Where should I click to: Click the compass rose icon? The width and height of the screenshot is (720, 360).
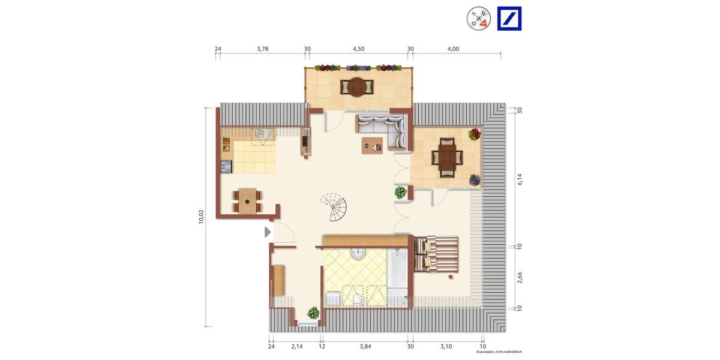point(479,19)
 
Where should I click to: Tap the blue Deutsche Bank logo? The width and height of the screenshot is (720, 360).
point(509,19)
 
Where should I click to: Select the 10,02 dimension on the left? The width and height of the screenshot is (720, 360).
point(201,217)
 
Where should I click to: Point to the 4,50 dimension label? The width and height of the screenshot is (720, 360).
point(358,49)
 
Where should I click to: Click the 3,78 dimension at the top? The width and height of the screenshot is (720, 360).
point(262,49)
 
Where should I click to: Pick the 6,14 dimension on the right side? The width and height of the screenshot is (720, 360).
point(520,178)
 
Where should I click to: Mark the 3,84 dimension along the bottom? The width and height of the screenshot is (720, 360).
point(365,347)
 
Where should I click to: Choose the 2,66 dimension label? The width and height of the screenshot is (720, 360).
point(520,277)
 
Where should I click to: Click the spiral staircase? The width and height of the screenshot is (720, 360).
point(333,207)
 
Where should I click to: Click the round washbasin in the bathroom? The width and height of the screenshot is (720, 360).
point(358,254)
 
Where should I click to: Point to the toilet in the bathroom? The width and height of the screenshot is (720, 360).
point(357,299)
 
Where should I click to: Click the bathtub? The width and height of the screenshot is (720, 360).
point(397,274)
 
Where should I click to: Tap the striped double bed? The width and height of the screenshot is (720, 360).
point(436,254)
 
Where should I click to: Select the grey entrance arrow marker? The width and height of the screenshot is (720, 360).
point(268,232)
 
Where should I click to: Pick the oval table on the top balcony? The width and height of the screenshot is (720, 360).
point(358,88)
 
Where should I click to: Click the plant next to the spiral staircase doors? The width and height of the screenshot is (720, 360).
point(400,193)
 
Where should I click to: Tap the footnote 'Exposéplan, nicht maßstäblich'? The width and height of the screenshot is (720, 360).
point(499,352)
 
